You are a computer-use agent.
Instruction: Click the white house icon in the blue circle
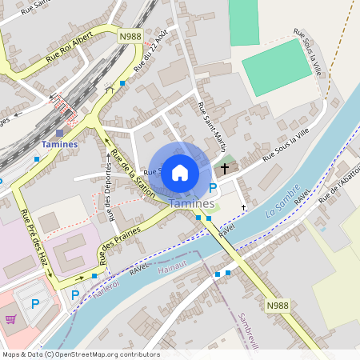pos(180,172)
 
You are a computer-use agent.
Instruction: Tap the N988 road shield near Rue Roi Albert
pos(130,36)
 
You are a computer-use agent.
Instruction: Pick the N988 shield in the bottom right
pos(276,306)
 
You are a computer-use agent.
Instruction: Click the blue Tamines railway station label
pos(59,144)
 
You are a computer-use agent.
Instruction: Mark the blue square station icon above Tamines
pos(59,133)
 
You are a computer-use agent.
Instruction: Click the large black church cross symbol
pos(225,169)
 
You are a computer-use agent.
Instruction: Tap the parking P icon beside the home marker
pos(212,189)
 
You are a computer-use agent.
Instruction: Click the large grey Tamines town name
pos(190,204)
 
